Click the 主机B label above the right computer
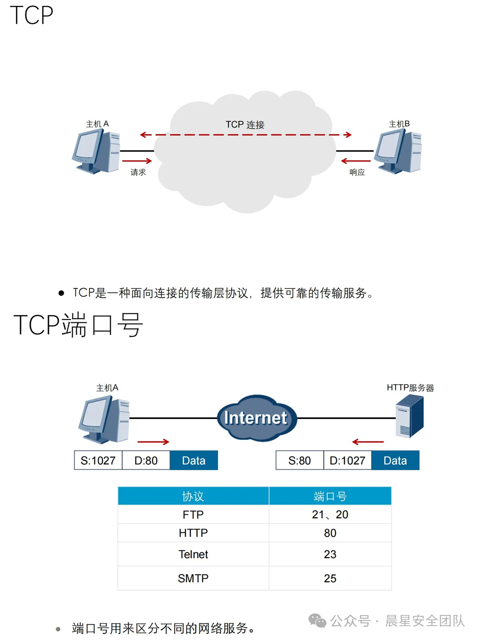click(399, 124)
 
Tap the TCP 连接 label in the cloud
click(245, 124)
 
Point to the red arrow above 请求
click(137, 161)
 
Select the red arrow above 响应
click(356, 161)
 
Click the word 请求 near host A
click(138, 172)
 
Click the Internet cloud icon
click(256, 418)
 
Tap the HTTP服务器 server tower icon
click(409, 416)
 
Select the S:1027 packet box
click(98, 461)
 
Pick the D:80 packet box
click(146, 461)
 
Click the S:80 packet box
click(300, 461)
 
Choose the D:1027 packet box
click(347, 461)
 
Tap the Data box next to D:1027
click(395, 461)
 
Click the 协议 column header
click(193, 496)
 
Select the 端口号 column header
click(330, 496)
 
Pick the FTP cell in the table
click(193, 515)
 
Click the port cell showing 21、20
click(330, 515)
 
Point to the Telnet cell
click(193, 554)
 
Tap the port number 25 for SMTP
click(330, 579)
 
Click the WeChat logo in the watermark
click(317, 620)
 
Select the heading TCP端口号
click(78, 324)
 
